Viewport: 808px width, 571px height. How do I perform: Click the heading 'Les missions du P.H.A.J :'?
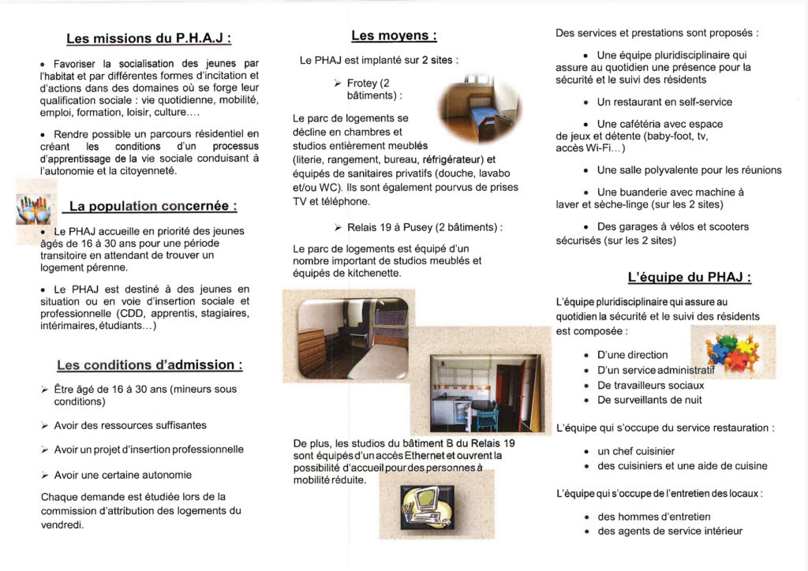(x=149, y=38)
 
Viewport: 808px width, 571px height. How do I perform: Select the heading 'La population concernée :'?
(x=153, y=207)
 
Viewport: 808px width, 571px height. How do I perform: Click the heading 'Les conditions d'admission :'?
(x=149, y=365)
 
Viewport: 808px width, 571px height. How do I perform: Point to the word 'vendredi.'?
(x=62, y=524)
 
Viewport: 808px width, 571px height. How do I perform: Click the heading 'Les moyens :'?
(x=394, y=35)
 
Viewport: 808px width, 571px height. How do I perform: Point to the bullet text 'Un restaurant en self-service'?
(x=664, y=102)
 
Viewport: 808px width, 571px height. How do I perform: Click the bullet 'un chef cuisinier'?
(x=636, y=451)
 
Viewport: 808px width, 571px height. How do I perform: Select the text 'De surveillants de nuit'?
(x=649, y=400)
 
